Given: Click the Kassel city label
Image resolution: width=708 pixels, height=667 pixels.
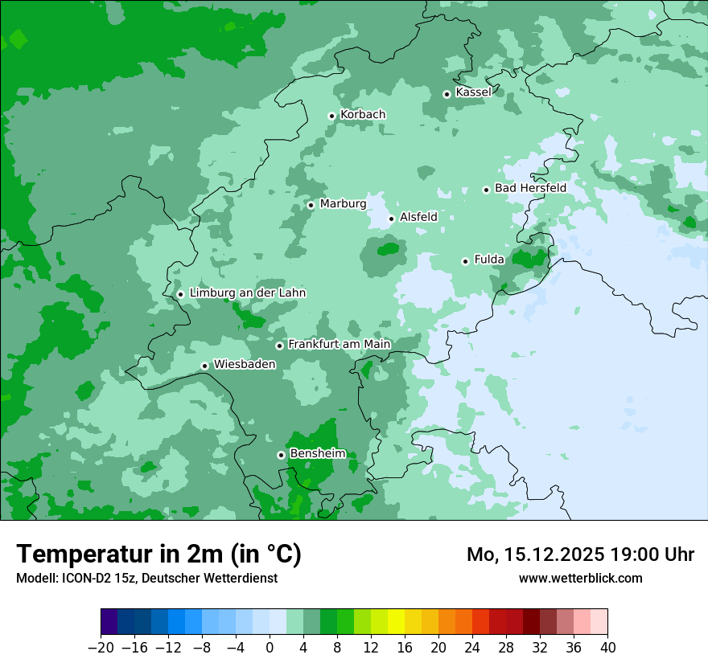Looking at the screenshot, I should click(x=473, y=92).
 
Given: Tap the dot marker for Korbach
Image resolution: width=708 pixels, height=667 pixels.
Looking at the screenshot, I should click(x=331, y=116).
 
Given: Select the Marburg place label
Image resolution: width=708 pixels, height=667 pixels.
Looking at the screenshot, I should click(x=343, y=204).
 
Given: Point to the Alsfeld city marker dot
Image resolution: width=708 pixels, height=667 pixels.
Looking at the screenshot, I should click(x=392, y=218).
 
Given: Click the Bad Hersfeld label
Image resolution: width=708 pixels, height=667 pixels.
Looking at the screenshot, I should click(x=530, y=188).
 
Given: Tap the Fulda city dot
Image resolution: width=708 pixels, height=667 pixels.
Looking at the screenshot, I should click(x=465, y=261).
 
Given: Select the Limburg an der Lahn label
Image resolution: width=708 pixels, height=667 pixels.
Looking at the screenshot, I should click(x=247, y=293).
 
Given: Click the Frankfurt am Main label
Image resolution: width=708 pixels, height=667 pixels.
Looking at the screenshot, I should click(x=339, y=344).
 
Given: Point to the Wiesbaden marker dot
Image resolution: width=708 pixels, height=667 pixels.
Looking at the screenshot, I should click(x=205, y=366).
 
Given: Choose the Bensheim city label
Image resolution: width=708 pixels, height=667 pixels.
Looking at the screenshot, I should click(x=317, y=453).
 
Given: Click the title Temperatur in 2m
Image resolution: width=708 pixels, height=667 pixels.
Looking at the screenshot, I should click(x=158, y=554).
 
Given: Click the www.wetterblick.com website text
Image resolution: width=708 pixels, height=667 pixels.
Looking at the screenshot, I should click(x=580, y=578).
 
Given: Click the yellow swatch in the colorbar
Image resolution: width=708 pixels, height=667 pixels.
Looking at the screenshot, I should click(x=396, y=622).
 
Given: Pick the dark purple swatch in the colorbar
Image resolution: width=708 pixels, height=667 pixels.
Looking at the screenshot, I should click(x=109, y=622).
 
